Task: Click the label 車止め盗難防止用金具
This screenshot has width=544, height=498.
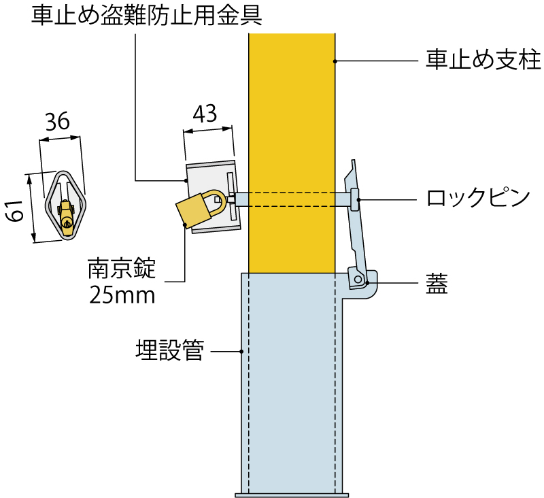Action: (147, 16)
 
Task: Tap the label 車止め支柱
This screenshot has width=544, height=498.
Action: (483, 61)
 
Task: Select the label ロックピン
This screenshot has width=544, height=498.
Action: (477, 198)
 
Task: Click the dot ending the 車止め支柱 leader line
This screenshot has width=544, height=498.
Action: (335, 61)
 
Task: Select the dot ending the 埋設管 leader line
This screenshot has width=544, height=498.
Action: (241, 352)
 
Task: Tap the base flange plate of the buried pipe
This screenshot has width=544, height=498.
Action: (292, 494)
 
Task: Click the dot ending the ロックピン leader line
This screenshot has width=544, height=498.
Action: (360, 199)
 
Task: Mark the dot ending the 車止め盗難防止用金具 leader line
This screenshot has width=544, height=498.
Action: (186, 180)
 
